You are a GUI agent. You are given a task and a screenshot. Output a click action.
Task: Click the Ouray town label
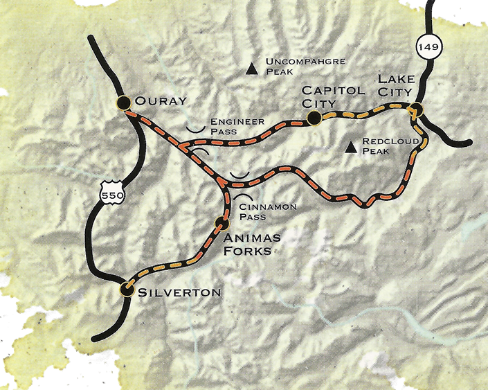161,101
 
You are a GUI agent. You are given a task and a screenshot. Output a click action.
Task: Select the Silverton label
180,292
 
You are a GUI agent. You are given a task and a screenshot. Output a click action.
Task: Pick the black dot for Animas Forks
222,223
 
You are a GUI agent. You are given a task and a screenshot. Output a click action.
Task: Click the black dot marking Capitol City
314,118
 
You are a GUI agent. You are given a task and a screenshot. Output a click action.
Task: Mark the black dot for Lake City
416,109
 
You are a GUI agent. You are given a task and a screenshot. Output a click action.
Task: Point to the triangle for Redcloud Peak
352,146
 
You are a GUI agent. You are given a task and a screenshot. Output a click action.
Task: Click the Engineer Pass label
237,125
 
